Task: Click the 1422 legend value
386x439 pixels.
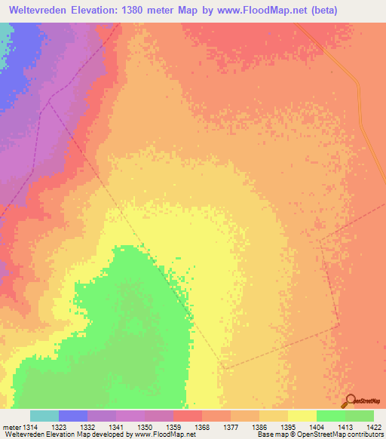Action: (372, 426)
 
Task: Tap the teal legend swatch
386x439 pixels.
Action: (44, 416)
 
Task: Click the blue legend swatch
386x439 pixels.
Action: (72, 416)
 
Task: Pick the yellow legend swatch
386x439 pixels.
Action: (302, 416)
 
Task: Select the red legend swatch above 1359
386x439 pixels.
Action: (187, 416)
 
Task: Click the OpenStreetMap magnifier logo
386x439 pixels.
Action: (350, 399)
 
